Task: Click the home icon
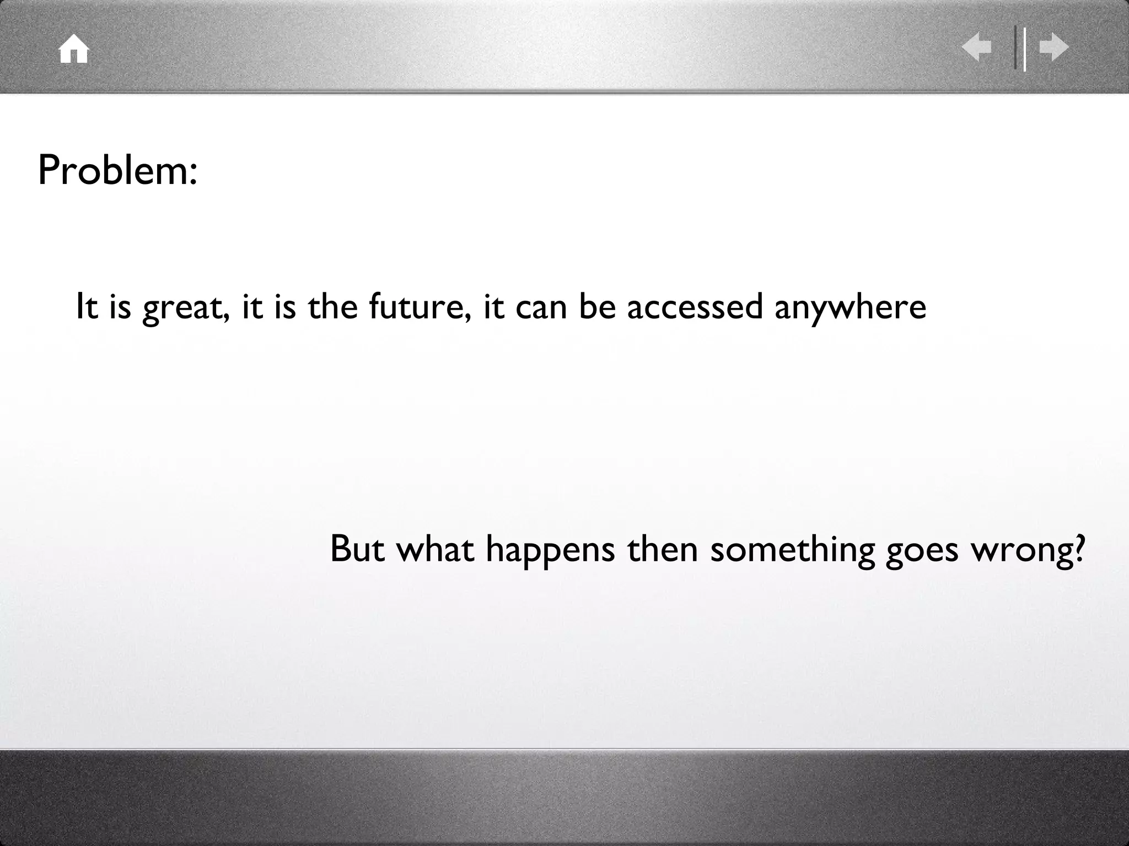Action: (x=74, y=50)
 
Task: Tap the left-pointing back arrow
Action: (x=976, y=48)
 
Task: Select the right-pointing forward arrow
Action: (x=1054, y=48)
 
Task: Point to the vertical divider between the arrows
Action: (x=1020, y=48)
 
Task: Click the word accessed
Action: (x=695, y=307)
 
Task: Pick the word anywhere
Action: (x=851, y=308)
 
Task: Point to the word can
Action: (x=541, y=308)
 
